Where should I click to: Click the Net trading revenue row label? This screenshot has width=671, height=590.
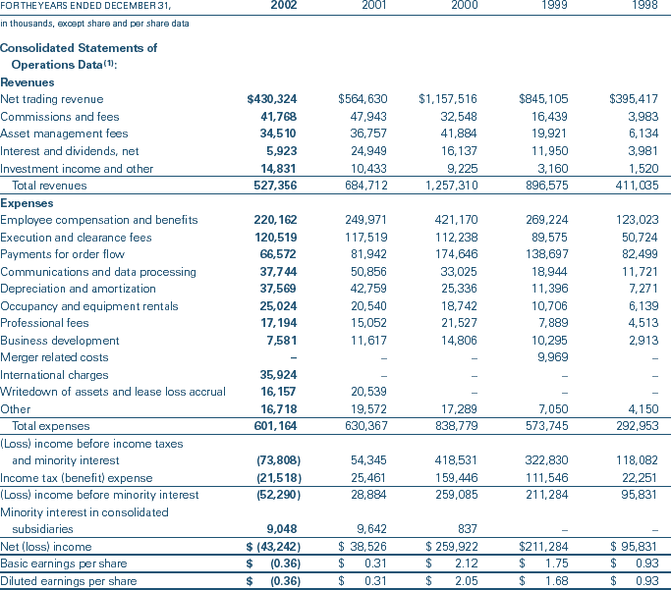coord(51,99)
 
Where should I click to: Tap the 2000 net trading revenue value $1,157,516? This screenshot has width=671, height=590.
coord(448,99)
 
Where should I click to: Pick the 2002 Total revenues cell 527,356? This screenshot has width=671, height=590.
coord(275,186)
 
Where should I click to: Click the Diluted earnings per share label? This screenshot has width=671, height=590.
coord(68,581)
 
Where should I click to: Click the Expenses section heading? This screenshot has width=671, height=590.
coord(27,203)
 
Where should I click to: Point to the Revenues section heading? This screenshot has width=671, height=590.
coord(28,82)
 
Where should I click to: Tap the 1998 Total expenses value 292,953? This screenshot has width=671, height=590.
coord(636,425)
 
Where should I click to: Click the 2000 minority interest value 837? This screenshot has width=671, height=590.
coord(469,529)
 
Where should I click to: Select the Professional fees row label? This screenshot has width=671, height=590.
coord(45,323)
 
